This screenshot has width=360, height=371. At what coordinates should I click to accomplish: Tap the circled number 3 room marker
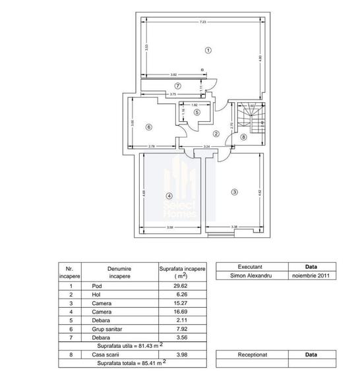coord(233,192)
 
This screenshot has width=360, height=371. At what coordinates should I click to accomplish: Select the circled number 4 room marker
coord(169,196)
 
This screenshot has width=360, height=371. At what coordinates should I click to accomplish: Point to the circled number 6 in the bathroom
coord(150,127)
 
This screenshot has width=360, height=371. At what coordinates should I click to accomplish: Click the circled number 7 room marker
coord(177,86)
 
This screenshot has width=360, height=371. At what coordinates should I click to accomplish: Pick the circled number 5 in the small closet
coord(197,112)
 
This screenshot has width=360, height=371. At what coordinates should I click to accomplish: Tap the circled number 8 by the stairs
coord(243,137)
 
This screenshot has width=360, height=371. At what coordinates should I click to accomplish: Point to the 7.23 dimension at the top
coord(203,22)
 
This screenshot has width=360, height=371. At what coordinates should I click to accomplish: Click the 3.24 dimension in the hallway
coord(206,146)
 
